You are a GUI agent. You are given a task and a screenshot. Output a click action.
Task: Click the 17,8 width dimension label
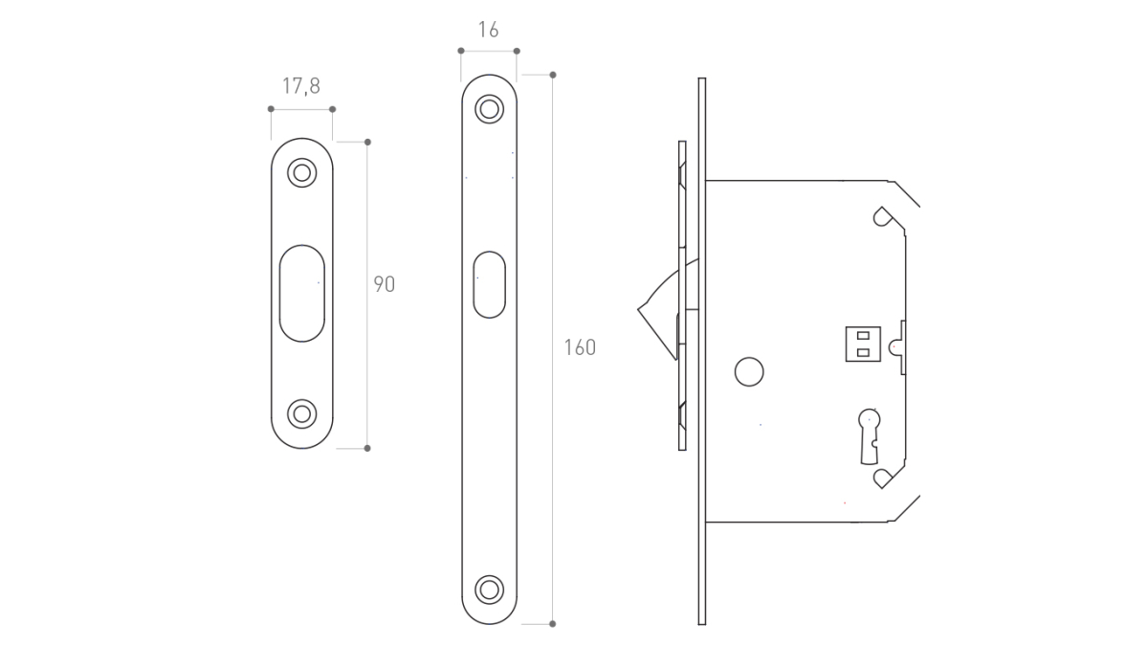(301, 86)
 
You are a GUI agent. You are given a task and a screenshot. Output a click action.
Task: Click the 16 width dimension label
(489, 30)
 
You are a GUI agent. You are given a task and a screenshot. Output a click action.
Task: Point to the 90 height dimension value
(385, 284)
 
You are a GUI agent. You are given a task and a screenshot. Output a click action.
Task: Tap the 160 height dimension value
(580, 347)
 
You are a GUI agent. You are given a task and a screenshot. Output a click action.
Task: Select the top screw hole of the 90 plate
(302, 173)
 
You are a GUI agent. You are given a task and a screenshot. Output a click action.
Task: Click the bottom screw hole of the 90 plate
(302, 413)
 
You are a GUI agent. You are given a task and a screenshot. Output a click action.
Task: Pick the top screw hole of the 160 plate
(490, 109)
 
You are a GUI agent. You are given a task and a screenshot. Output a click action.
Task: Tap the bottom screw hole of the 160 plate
(490, 590)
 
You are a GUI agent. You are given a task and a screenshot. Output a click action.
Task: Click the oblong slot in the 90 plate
(302, 293)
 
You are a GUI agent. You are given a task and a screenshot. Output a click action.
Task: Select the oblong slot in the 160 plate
(490, 284)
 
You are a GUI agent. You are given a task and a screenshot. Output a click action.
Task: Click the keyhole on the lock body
(869, 436)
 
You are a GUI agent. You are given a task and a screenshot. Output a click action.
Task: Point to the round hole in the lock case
(749, 371)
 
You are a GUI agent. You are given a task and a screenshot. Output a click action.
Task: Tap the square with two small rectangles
(863, 344)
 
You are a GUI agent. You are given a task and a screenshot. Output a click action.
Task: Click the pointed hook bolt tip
(638, 309)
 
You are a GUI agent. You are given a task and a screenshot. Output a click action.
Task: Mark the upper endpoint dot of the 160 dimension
(553, 75)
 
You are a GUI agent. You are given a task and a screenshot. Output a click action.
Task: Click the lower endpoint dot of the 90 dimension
(367, 449)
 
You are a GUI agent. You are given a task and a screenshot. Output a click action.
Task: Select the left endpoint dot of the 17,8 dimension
(271, 109)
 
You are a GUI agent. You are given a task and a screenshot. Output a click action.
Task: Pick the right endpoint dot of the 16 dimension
(517, 51)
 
